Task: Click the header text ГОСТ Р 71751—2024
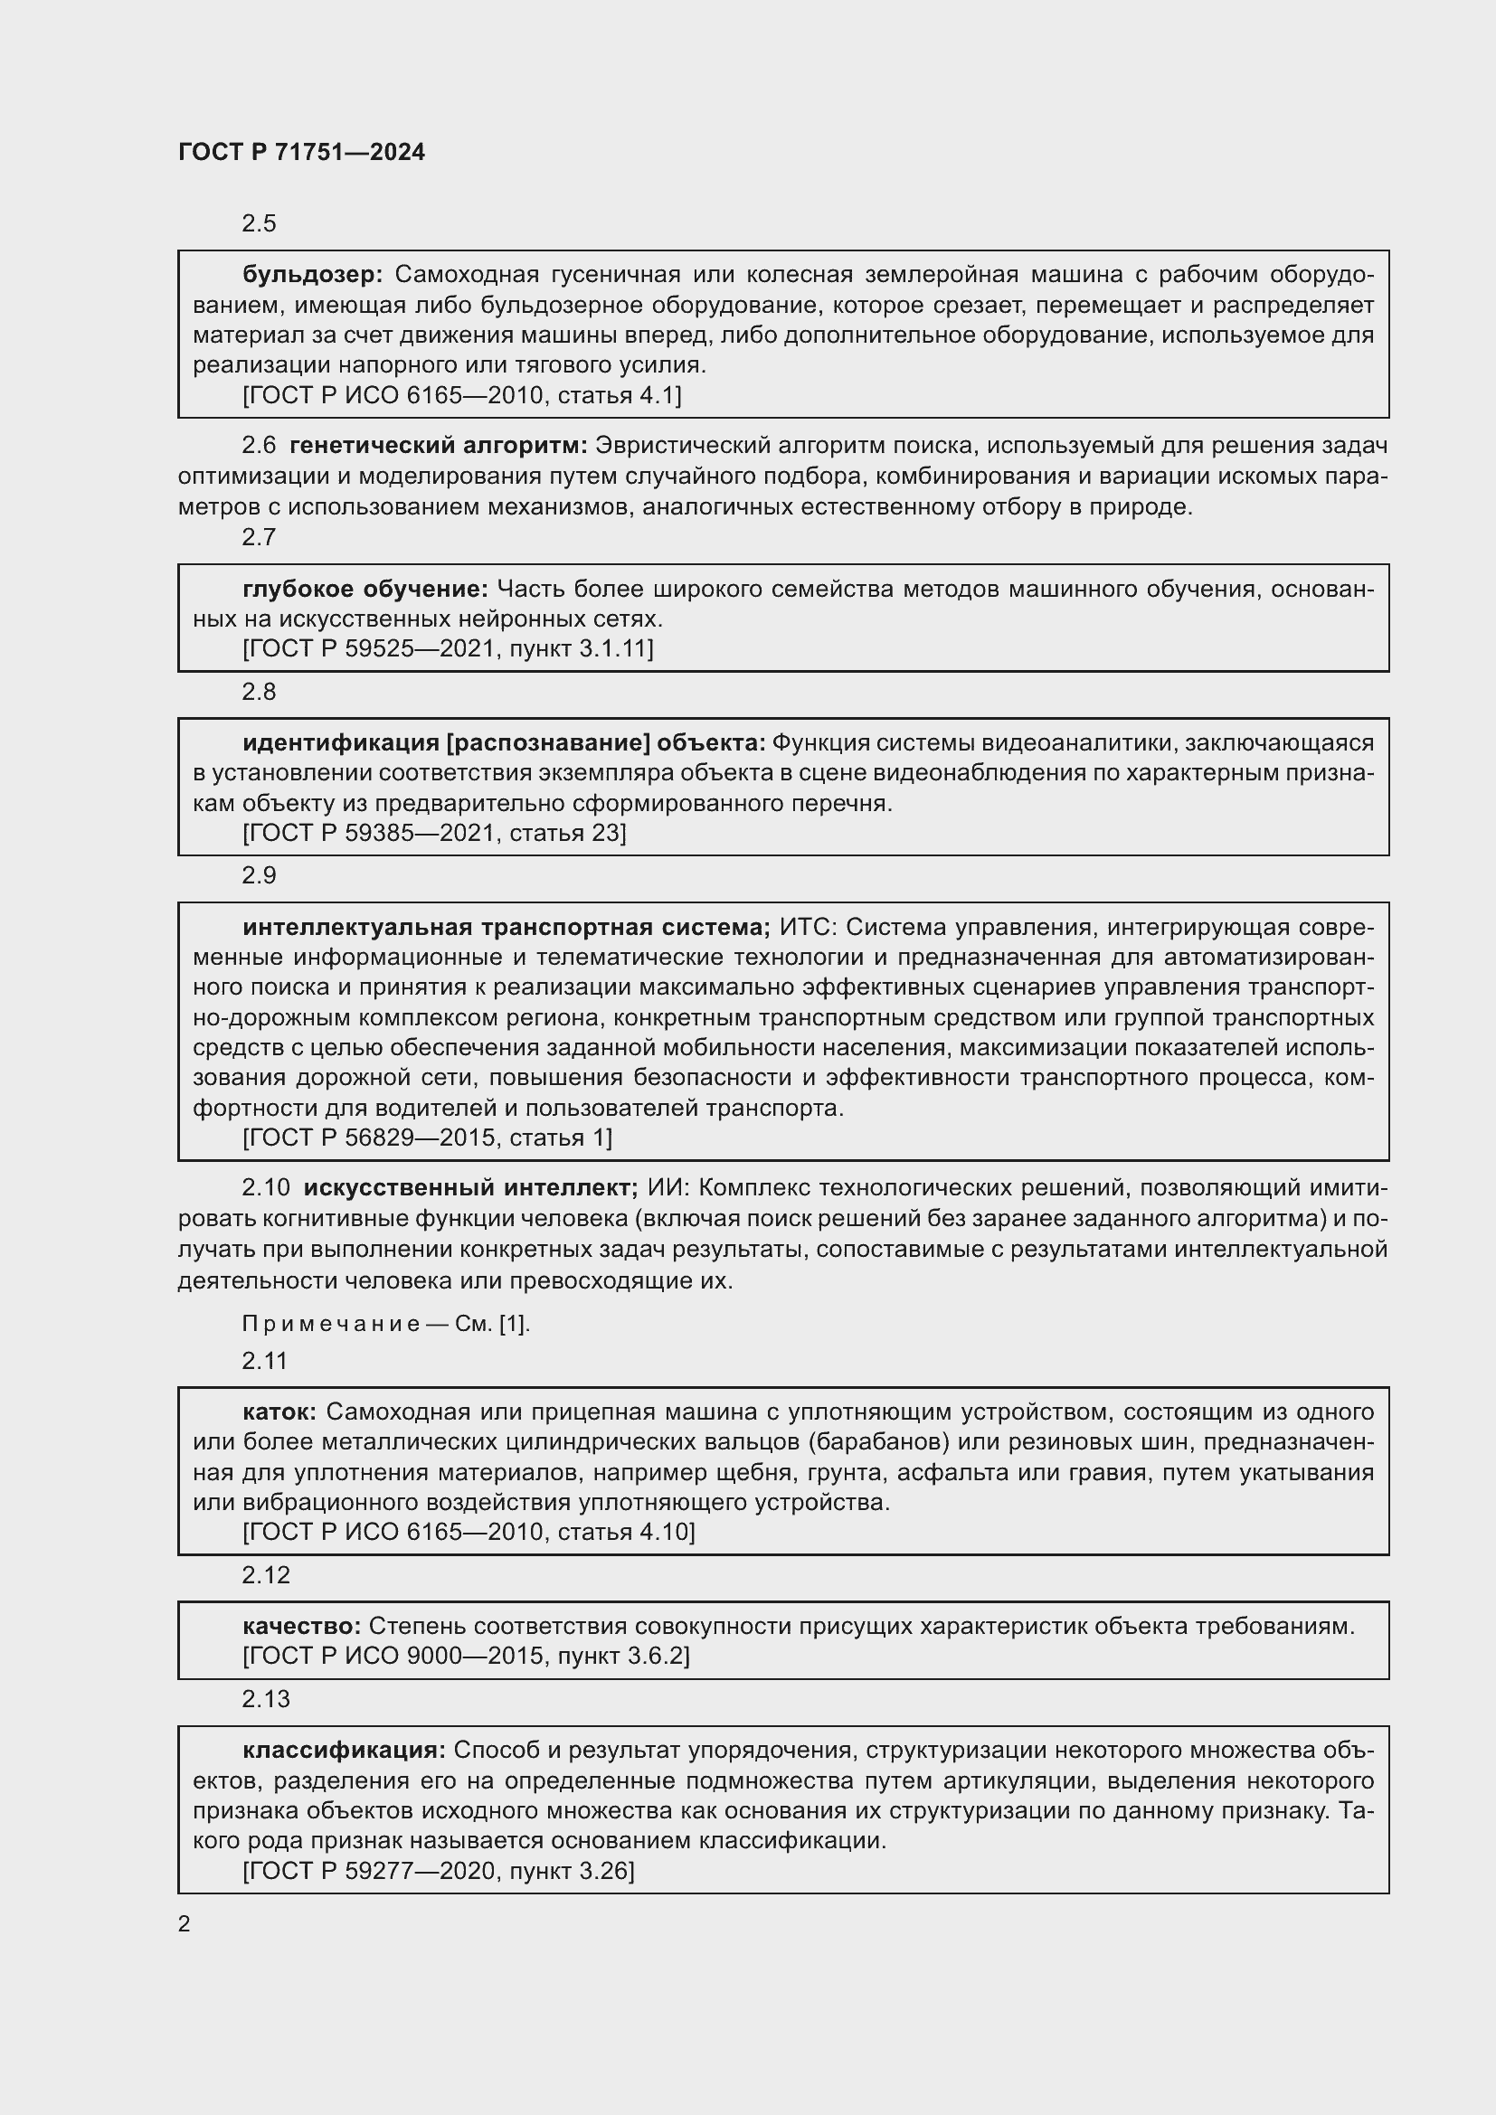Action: [x=301, y=152]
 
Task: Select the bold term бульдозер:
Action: [x=312, y=275]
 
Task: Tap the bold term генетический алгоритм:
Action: [x=438, y=446]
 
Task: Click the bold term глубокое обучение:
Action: [x=365, y=589]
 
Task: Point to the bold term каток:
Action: [x=279, y=1412]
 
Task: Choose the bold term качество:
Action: [x=300, y=1626]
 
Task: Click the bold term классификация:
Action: [x=344, y=1751]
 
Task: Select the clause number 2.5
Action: [x=259, y=224]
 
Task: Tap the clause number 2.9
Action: [x=259, y=875]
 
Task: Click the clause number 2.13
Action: [x=265, y=1700]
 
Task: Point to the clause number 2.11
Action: [x=264, y=1361]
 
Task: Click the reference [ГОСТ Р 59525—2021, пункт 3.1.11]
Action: [x=448, y=649]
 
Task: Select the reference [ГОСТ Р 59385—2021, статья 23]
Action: [x=434, y=834]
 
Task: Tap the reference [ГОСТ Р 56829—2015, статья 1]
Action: [x=427, y=1138]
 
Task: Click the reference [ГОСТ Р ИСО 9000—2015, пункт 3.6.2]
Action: [x=465, y=1657]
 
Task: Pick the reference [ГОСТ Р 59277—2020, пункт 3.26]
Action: [x=438, y=1872]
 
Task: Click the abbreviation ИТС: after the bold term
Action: [x=807, y=927]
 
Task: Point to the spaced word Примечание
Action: [x=331, y=1324]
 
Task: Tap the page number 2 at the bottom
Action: [x=185, y=1924]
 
